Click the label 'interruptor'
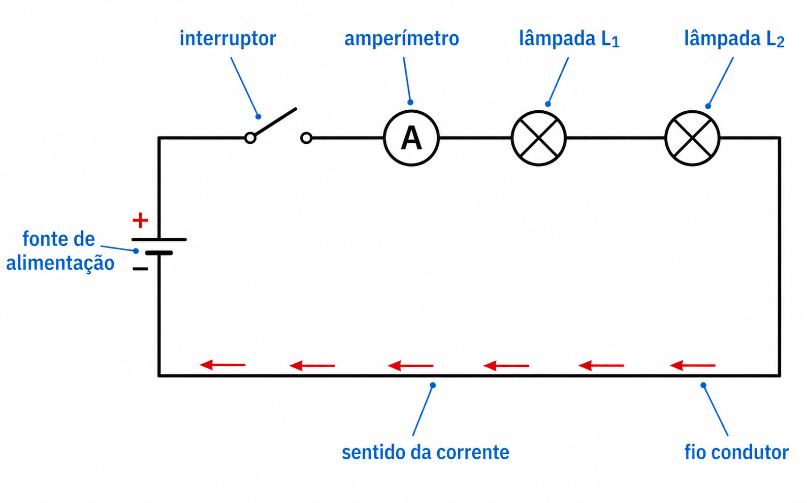[x=228, y=39]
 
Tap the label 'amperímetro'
[x=402, y=39]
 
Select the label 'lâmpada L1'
[x=569, y=39]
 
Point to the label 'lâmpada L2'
[x=734, y=39]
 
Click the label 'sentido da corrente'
[x=426, y=452]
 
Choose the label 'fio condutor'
[x=736, y=452]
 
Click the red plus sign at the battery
[x=140, y=220]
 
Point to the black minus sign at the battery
[x=140, y=268]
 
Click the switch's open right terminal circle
[x=306, y=138]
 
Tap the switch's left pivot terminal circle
[x=250, y=138]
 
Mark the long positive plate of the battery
[x=159, y=239]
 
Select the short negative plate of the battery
[x=159, y=253]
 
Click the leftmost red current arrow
[x=222, y=365]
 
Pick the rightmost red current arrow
[x=692, y=365]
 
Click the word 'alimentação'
[x=60, y=263]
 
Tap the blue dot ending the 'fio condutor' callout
[x=703, y=385]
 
